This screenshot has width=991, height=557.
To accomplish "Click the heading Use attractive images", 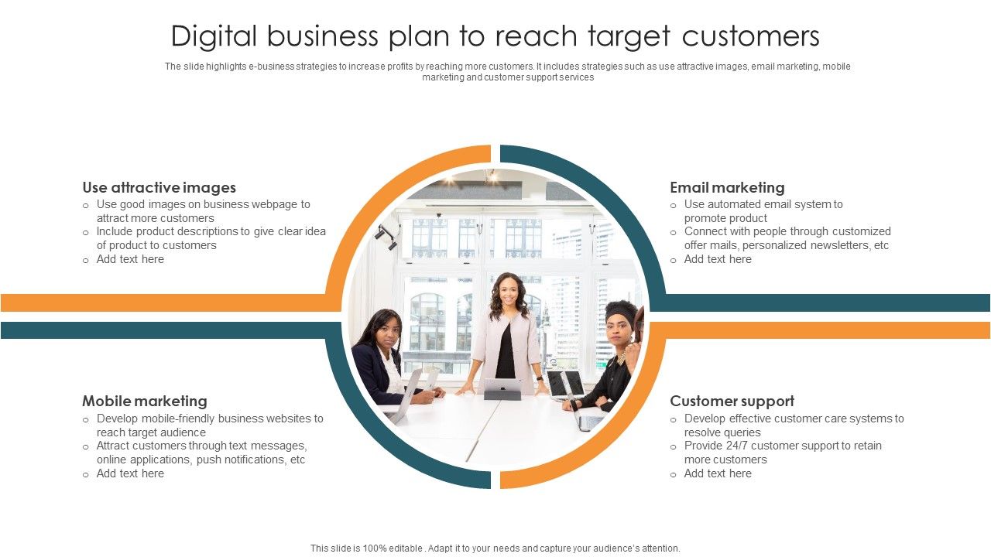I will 159,187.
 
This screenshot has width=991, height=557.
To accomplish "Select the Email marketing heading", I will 727,187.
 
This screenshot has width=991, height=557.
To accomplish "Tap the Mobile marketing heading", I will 145,401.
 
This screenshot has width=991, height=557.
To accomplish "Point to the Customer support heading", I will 732,401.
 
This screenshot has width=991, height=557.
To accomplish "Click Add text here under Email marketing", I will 718,259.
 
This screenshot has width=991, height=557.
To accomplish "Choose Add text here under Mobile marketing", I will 130,473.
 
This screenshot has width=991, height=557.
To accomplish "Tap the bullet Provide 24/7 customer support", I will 782,453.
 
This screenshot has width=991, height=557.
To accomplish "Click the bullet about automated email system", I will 763,211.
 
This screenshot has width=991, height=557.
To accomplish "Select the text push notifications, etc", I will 251,460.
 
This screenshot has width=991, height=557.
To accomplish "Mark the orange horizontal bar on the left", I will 163,302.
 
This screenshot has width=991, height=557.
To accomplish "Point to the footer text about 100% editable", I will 495,548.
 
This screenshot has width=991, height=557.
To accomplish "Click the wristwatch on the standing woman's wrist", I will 540,379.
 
